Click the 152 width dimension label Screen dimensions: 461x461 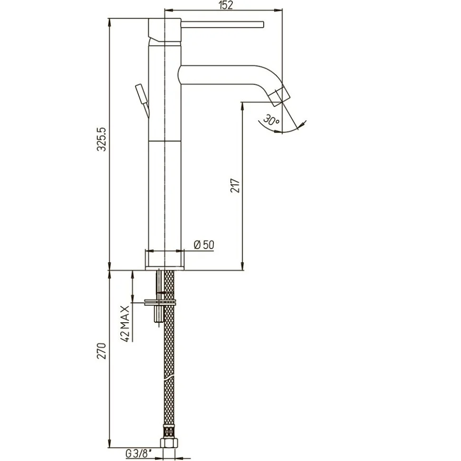[226, 5]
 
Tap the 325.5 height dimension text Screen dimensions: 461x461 [102, 139]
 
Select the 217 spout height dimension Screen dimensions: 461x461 [235, 185]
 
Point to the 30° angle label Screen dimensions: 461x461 [271, 119]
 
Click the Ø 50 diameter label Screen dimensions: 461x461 [204, 245]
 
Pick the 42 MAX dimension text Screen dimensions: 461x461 [125, 324]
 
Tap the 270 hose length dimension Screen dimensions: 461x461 [102, 351]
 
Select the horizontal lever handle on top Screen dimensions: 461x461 [222, 24]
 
